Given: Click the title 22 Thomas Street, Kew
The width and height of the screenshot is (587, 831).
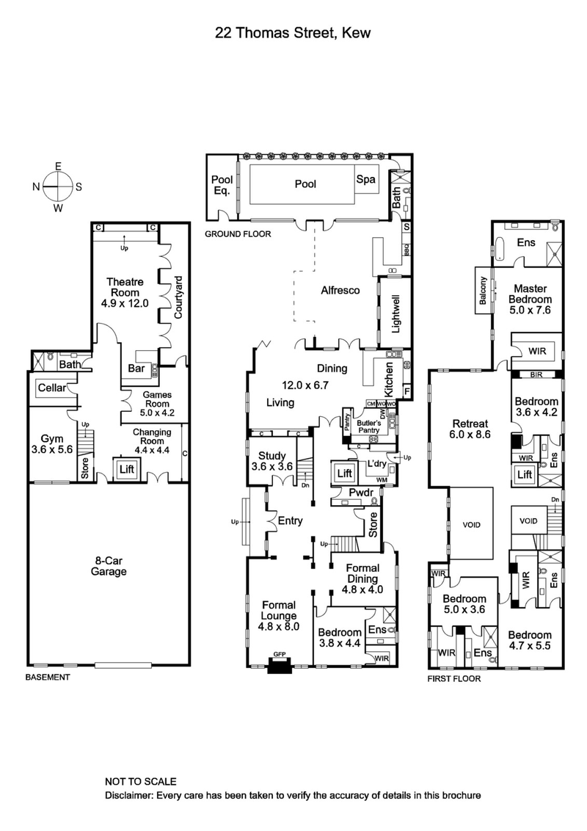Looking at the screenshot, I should pos(293,32).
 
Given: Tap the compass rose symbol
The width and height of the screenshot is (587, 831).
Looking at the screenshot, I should pos(57,186).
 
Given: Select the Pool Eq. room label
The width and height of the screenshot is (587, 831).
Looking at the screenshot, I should pos(222,184).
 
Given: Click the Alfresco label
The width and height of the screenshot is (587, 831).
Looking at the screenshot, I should pos(340,290).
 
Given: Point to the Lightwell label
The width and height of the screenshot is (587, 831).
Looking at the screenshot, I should pos(395,316).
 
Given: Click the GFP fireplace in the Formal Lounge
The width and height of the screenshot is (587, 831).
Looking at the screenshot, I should pos(280,664).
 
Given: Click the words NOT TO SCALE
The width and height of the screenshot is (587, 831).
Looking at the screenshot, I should pos(141,782).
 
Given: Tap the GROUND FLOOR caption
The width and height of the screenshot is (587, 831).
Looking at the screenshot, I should pos(238,234).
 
